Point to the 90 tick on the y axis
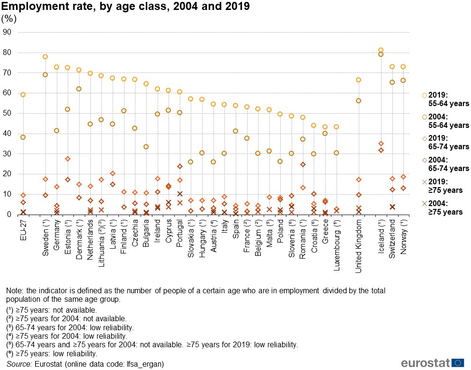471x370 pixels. point(7,33)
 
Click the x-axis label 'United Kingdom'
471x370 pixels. point(358,246)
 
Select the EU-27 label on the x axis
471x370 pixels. point(23,230)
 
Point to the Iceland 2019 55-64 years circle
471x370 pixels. point(381,50)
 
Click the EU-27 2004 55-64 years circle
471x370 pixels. point(23,137)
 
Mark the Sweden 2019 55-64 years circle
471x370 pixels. point(45,57)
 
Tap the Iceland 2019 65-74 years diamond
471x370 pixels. point(381,144)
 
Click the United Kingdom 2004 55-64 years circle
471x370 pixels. point(358,101)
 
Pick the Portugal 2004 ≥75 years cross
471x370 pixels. point(180,194)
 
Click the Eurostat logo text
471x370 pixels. point(424,362)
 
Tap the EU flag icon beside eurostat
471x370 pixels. point(458,362)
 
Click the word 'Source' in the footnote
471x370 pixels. point(18,364)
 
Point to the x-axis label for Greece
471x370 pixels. point(325,234)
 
